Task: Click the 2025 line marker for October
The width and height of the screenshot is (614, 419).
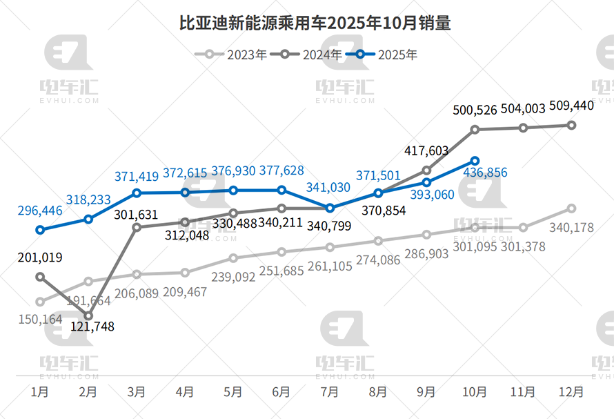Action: [475, 160]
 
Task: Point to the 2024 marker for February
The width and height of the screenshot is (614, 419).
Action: [88, 315]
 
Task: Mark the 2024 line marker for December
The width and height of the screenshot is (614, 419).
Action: [571, 125]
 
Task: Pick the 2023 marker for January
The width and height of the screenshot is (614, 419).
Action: [40, 302]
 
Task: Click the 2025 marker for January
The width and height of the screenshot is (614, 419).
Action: [40, 230]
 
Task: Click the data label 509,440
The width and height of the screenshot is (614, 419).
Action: [571, 106]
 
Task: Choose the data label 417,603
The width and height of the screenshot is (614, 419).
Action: [425, 150]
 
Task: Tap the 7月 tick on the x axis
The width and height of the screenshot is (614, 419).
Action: [330, 392]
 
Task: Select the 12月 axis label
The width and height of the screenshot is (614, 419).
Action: [571, 392]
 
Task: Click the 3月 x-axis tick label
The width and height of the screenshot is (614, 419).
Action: [137, 392]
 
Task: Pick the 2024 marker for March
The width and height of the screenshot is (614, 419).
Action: [137, 226]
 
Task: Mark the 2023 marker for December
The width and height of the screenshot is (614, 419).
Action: [571, 208]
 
